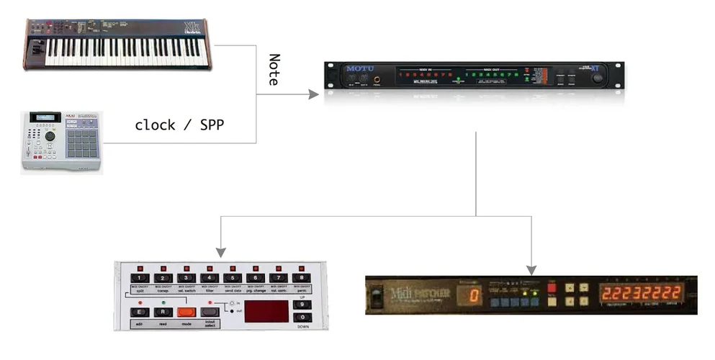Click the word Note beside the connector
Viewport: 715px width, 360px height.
(x=274, y=70)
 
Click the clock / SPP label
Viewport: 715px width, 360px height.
(x=179, y=125)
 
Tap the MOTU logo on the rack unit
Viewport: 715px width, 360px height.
(x=360, y=69)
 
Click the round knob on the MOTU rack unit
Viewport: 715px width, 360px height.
(x=597, y=78)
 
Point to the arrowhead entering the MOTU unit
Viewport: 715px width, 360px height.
(x=314, y=94)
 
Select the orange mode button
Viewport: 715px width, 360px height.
(x=186, y=312)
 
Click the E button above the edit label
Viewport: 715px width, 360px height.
(x=140, y=312)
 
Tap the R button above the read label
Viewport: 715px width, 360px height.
(x=163, y=312)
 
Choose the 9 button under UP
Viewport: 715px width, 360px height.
(x=302, y=305)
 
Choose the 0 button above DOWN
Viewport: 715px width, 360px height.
(x=302, y=318)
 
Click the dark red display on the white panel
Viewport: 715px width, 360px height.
(x=266, y=311)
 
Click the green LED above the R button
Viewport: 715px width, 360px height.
(x=163, y=302)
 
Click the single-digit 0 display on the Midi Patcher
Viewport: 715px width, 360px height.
(x=474, y=295)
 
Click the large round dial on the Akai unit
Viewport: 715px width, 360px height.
(x=50, y=136)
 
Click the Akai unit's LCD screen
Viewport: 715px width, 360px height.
(x=45, y=117)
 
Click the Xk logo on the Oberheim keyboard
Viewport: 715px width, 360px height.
(x=192, y=27)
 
